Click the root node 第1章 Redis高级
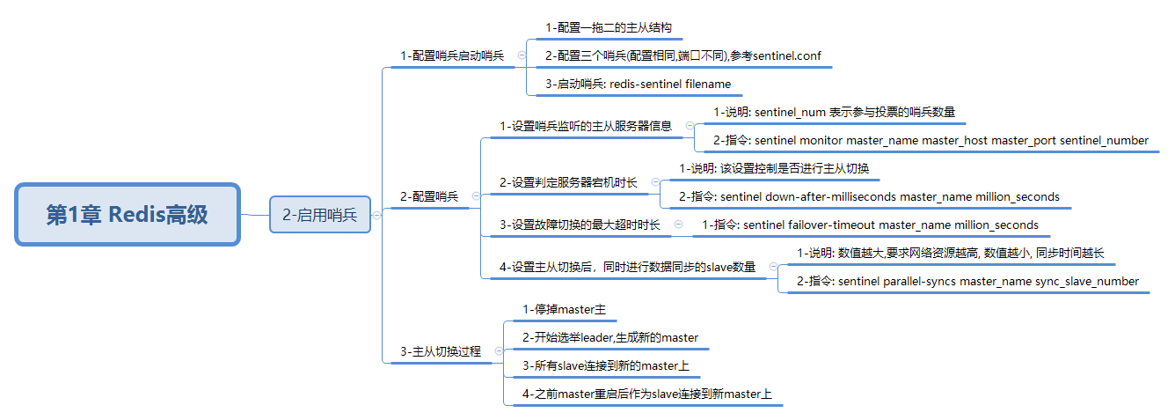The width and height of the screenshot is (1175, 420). pos(128,214)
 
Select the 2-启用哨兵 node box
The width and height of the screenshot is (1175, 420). pos(319,214)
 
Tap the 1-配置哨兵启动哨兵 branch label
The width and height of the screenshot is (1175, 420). pos(452,55)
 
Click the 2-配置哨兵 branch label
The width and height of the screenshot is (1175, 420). pos(429,196)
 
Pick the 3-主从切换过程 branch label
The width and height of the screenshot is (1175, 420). pos(441,351)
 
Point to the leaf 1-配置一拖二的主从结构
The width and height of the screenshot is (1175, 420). pos(609,28)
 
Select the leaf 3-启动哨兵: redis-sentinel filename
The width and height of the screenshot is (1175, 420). pos(638,85)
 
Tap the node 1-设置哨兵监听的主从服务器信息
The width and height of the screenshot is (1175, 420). pos(586,126)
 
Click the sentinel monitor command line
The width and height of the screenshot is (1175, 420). pos(931,140)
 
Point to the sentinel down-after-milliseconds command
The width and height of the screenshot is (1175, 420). pos(869,196)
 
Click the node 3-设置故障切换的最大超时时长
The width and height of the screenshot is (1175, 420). pos(580,225)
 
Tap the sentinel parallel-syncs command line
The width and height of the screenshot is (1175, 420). pos(967,281)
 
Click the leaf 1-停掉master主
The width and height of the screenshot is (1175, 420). pos(564,309)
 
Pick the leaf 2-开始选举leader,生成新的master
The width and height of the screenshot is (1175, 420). pos(609,337)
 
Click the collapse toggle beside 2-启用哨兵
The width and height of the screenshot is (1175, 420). pos(376,214)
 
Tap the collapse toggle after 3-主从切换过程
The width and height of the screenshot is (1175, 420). pos(498,351)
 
